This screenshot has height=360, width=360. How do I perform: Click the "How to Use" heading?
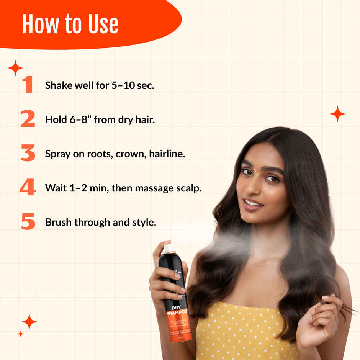[70, 24]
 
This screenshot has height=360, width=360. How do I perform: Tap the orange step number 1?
[27, 85]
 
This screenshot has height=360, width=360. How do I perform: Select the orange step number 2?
[28, 119]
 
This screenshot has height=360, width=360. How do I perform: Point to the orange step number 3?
[28, 154]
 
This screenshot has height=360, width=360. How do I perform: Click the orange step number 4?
[28, 188]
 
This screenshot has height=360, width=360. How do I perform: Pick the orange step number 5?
[28, 222]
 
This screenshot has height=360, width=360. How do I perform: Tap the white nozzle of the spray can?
[169, 249]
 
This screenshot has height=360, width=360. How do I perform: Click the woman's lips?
[253, 204]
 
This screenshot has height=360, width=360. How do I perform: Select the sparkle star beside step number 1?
[15, 68]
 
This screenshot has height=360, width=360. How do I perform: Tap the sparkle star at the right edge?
[337, 114]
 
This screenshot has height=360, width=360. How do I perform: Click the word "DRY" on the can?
[176, 307]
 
